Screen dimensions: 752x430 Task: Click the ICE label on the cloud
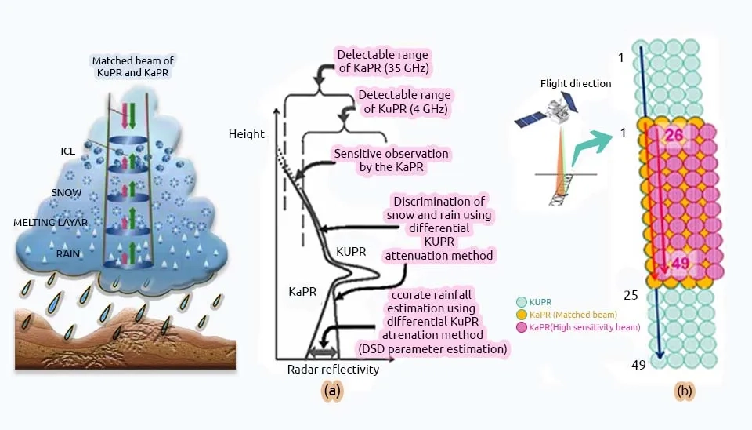(x=67, y=151)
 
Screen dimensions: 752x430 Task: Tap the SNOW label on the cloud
(x=66, y=193)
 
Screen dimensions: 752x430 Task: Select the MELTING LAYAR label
(x=50, y=222)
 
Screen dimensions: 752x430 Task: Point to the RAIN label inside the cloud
(x=67, y=253)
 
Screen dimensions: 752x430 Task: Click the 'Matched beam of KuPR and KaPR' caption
(x=133, y=67)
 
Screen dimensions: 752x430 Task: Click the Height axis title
(x=246, y=134)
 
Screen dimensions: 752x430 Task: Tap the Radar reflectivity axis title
(x=333, y=369)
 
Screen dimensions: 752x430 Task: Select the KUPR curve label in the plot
(x=351, y=252)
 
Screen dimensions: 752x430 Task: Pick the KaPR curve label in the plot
(x=302, y=292)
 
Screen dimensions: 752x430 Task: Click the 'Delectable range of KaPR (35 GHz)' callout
(x=383, y=61)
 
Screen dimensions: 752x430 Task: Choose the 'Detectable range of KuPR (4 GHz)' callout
(x=405, y=102)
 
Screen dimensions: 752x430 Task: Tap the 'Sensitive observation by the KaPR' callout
(x=392, y=161)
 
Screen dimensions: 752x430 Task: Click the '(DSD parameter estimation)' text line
(x=432, y=349)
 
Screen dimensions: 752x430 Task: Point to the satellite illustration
(x=546, y=111)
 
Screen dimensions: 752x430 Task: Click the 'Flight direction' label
(x=576, y=84)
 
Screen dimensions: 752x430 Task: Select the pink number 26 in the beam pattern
(x=674, y=135)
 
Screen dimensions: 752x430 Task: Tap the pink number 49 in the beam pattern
(x=680, y=263)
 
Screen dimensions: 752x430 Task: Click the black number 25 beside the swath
(x=631, y=296)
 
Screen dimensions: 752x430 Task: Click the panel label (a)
(x=332, y=391)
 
